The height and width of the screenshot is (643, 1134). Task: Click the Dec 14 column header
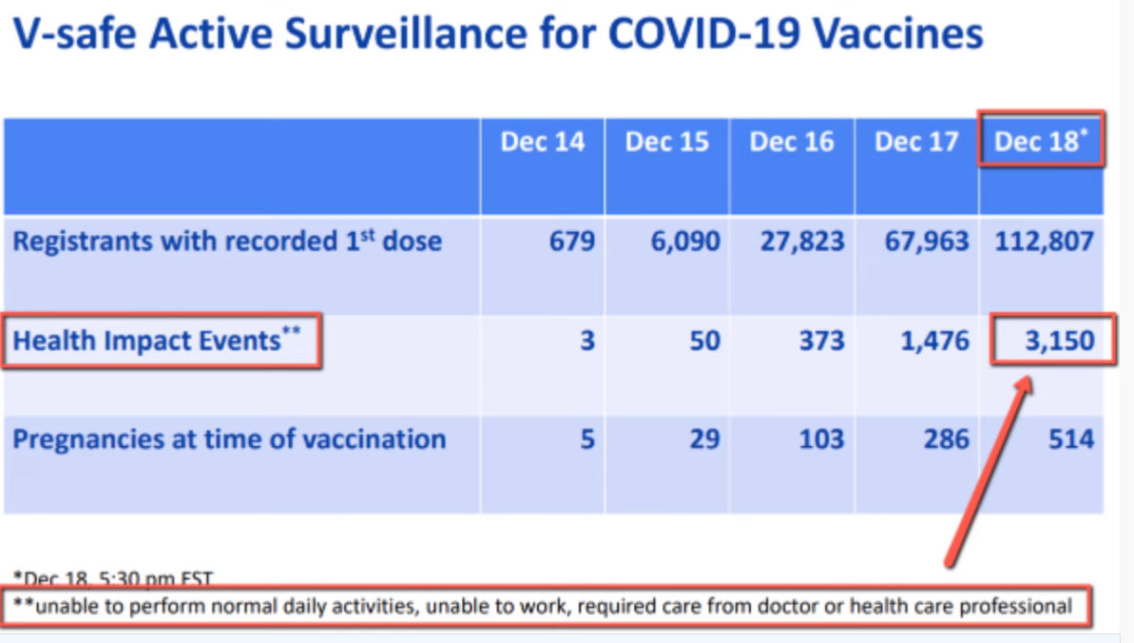[543, 142]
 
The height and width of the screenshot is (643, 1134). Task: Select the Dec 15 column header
[667, 142]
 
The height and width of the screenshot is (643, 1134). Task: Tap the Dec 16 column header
[792, 142]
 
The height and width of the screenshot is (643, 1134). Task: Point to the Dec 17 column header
[916, 142]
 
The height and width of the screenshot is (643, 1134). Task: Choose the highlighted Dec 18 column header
[1040, 142]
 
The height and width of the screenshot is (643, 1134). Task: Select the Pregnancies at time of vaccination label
[229, 439]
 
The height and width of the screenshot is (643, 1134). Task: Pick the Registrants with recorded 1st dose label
[227, 241]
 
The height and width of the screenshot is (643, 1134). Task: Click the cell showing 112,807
[1044, 241]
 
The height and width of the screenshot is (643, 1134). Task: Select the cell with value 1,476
[935, 340]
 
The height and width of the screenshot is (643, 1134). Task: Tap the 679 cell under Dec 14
[572, 241]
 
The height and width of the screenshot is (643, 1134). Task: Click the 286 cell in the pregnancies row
[944, 439]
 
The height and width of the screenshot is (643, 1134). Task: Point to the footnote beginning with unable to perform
[543, 605]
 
